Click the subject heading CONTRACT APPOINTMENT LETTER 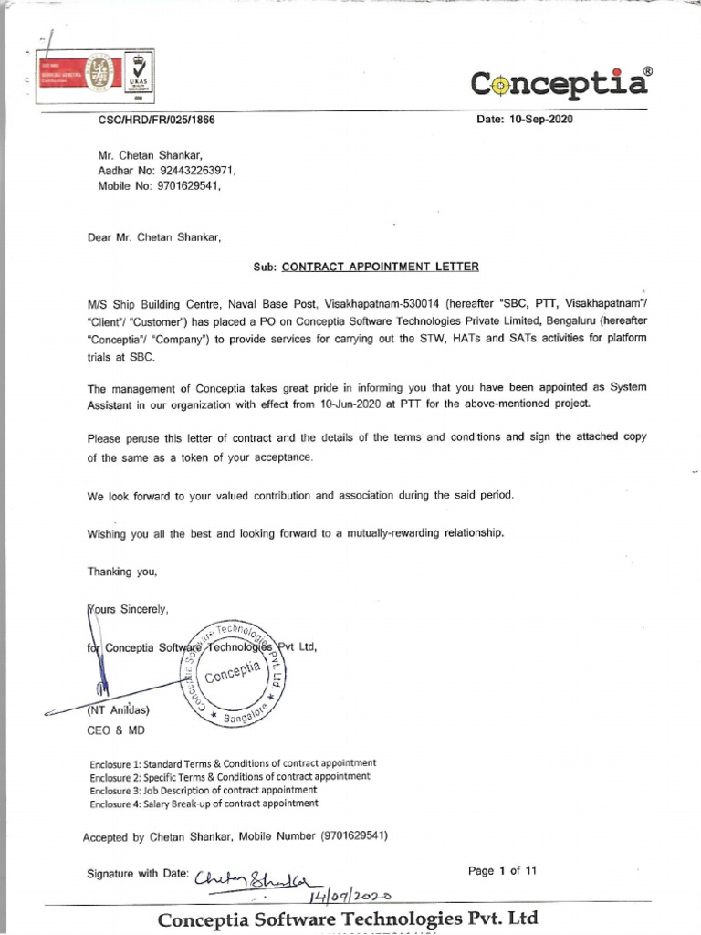(380, 267)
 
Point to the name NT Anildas (118, 709)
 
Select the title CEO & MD (115, 730)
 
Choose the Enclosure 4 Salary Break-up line (204, 804)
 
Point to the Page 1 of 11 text (502, 871)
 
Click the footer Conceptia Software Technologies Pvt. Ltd (348, 918)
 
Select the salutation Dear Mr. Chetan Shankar (154, 236)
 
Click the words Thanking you (122, 572)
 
